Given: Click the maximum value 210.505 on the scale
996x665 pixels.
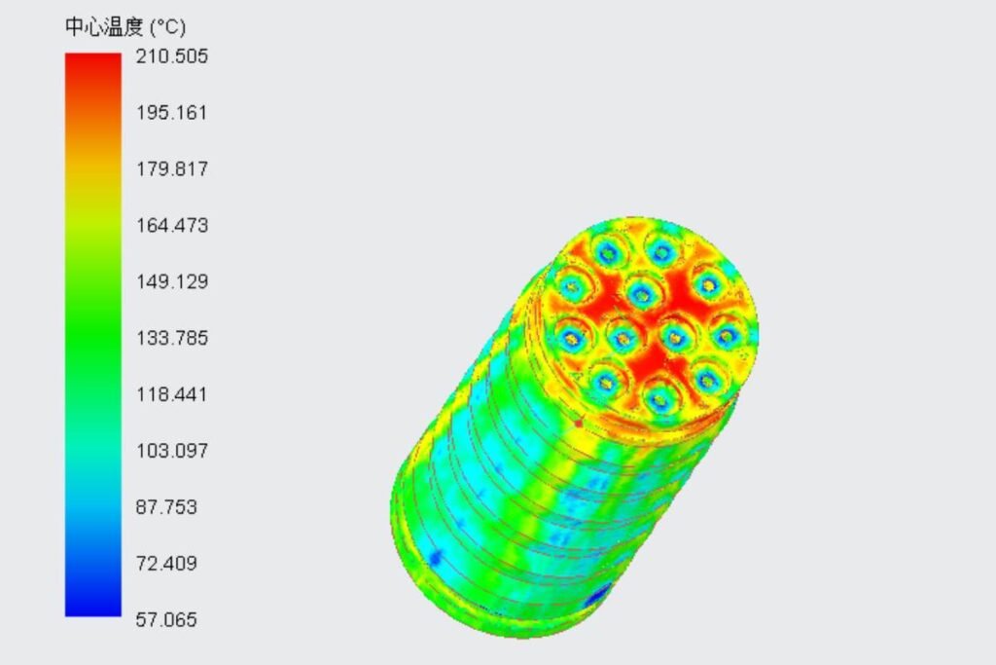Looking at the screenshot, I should coord(171,56).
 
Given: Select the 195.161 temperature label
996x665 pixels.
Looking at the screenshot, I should coord(171,113).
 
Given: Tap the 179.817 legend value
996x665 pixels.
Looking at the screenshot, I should coord(171,169).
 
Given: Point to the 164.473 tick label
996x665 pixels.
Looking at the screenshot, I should coord(171,226).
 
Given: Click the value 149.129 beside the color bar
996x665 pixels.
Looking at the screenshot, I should coord(171,282).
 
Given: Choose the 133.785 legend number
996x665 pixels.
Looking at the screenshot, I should coord(171,339).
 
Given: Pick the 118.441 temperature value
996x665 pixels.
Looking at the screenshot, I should coord(171,395).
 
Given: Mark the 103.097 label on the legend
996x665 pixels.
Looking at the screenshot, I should coord(171,452).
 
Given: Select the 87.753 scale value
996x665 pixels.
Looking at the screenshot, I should coord(166,508).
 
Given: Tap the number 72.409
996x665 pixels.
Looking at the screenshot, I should coord(166,565).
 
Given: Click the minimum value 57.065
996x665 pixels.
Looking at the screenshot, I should coord(166,620).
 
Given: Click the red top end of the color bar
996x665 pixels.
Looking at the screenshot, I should coord(93,63).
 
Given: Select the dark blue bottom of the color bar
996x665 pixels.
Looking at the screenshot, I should coord(93,606).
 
